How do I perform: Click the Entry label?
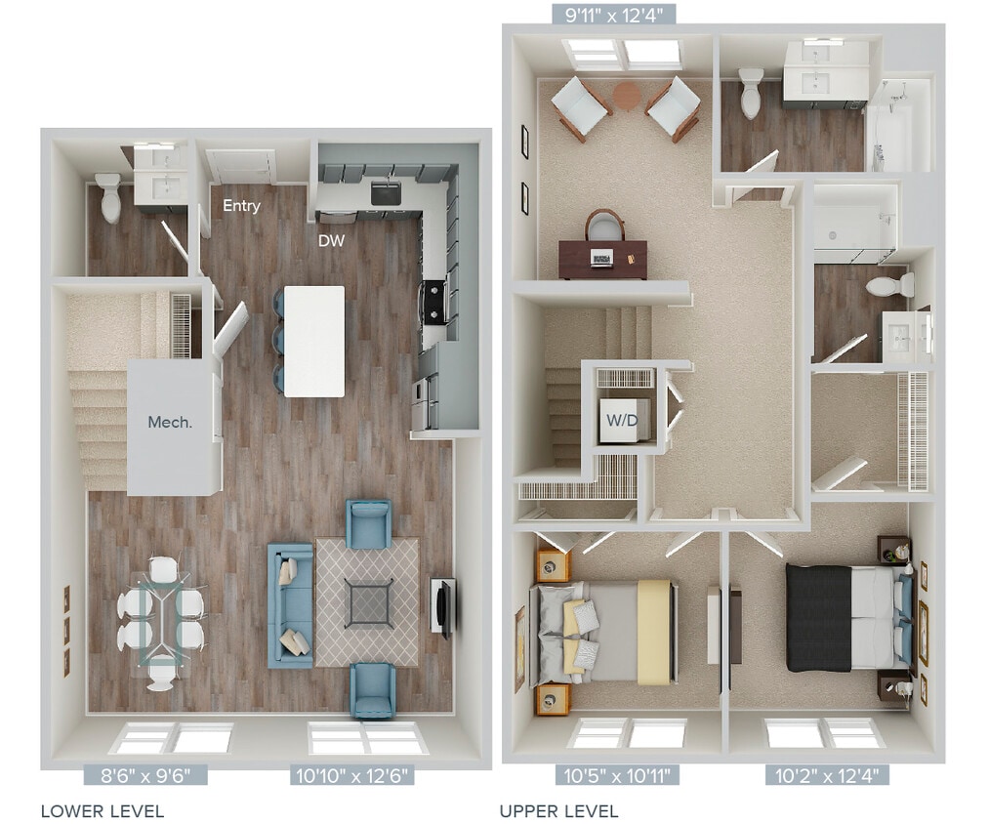tap(241, 206)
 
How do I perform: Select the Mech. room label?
tap(169, 423)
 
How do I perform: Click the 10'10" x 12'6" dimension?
tap(352, 776)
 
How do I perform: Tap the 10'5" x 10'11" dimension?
tap(618, 776)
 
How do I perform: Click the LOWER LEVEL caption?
tap(102, 810)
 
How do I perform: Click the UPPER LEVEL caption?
tap(558, 810)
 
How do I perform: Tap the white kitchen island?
tap(314, 341)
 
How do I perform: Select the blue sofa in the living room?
tap(291, 606)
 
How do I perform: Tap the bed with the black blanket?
tap(845, 617)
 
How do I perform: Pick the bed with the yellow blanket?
tap(605, 632)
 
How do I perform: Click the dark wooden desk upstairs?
tap(602, 258)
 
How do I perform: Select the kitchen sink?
tap(387, 193)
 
